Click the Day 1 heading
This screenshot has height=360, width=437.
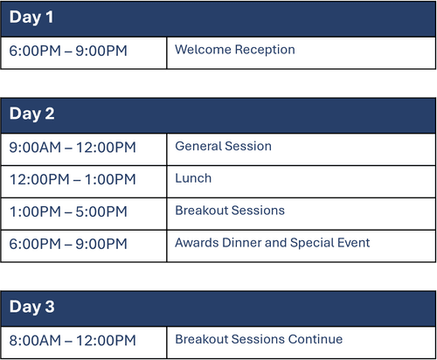coord(31,17)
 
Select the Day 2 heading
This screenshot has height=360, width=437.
coord(31,114)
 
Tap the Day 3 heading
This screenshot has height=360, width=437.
coord(31,307)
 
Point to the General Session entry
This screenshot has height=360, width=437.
coord(223,146)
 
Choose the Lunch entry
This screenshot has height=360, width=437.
coord(193,178)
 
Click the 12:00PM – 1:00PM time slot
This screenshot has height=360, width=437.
coord(73,179)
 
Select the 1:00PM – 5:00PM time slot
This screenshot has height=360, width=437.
coord(68,211)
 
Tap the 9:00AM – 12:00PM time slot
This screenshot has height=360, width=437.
coord(73,148)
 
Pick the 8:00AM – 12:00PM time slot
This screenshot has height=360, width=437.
coord(73,341)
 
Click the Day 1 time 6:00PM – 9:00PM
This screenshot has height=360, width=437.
coord(68,51)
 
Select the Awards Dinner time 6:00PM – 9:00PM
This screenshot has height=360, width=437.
coord(68,244)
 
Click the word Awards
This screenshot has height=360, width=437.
coord(197,243)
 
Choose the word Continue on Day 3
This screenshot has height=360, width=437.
coord(316,339)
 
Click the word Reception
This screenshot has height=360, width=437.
coord(265,51)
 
